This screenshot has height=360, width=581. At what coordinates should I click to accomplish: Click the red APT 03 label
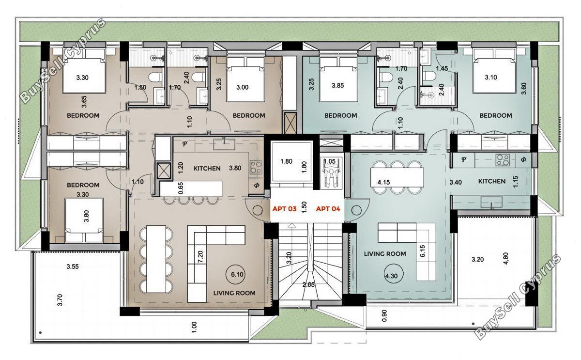click(284, 209)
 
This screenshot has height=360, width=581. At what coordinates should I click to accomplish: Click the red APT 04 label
click(328, 209)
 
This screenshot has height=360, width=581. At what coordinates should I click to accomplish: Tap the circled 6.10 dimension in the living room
click(237, 274)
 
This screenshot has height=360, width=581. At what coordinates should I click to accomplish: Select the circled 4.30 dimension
click(391, 276)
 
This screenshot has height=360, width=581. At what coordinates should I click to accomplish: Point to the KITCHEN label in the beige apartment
click(207, 169)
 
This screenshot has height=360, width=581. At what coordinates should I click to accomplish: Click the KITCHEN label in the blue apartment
click(492, 181)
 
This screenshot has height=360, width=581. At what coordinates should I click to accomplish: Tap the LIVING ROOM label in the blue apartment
click(385, 254)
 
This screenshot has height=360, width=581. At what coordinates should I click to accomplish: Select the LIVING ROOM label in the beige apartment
click(234, 293)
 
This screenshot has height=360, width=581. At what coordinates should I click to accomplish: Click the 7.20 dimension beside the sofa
click(200, 257)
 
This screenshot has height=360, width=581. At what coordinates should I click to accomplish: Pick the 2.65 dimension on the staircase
click(308, 285)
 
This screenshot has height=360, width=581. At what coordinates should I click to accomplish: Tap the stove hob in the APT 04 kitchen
click(503, 160)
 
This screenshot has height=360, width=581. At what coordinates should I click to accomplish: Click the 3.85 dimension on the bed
click(337, 85)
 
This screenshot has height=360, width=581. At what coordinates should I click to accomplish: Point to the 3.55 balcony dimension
click(72, 266)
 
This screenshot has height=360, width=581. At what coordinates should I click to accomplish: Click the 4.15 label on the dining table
click(383, 182)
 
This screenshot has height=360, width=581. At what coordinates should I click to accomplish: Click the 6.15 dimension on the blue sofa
click(423, 251)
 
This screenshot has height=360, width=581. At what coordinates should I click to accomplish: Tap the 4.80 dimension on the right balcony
click(506, 259)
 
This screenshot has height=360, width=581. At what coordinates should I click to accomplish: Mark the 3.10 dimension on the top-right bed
click(491, 78)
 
